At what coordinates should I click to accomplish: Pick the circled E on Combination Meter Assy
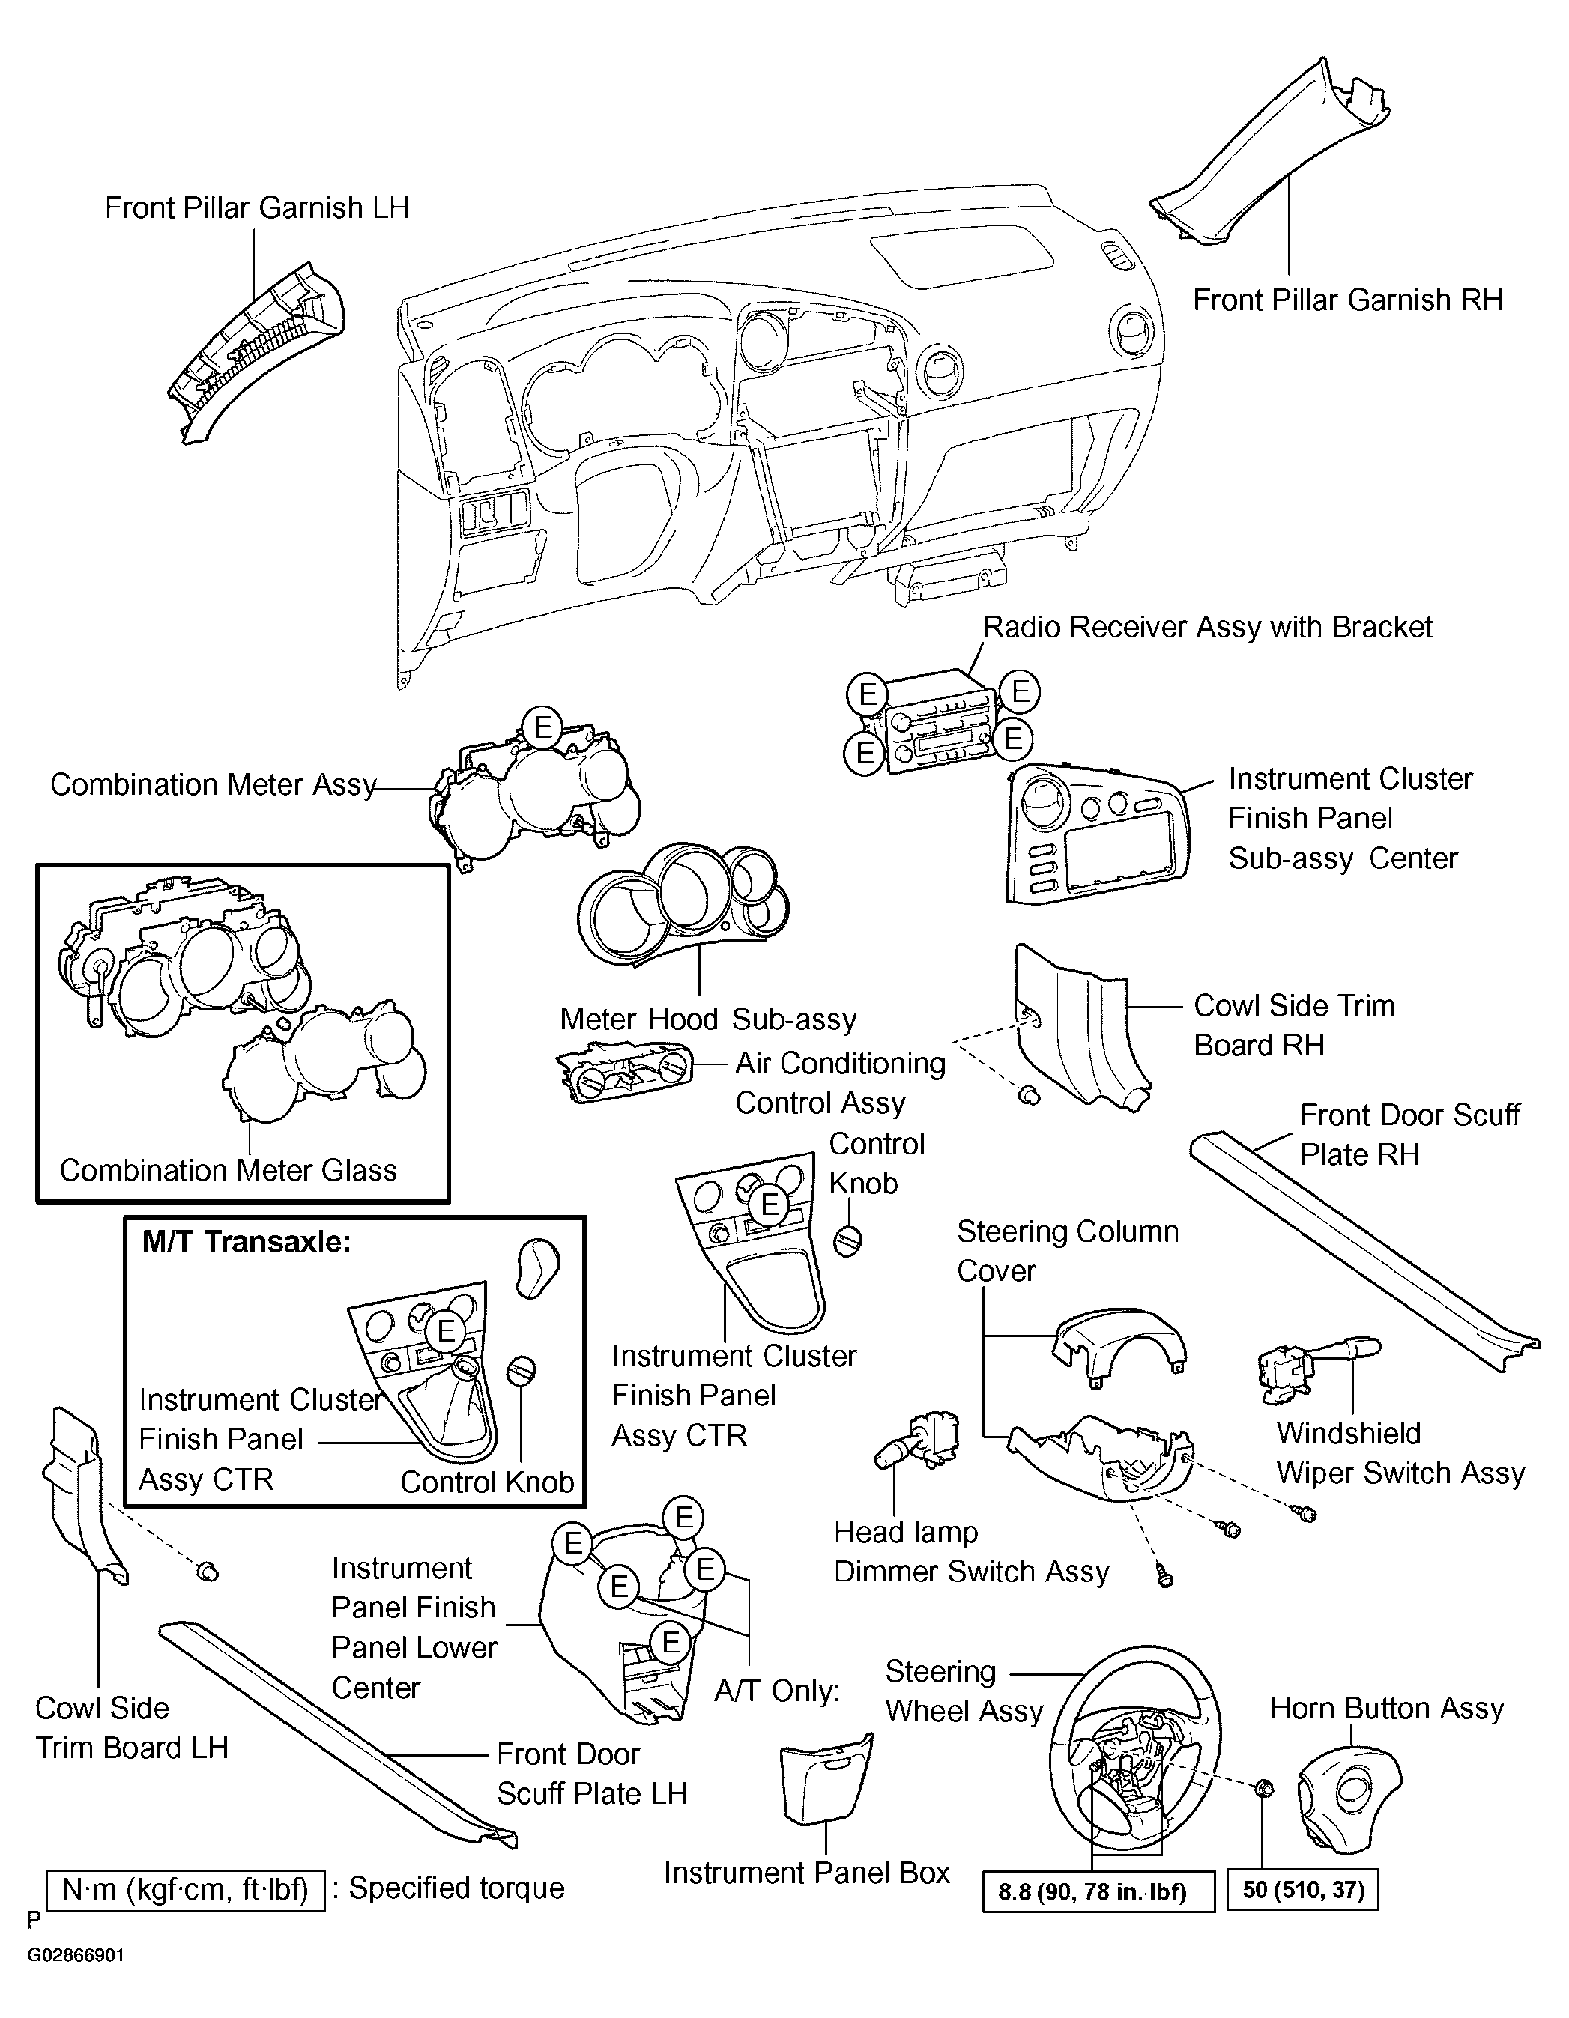click(x=542, y=727)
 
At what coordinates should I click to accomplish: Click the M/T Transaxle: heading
click(x=247, y=1242)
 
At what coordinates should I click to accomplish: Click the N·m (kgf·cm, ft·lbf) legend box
click(x=185, y=1890)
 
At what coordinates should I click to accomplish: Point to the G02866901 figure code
click(x=75, y=1956)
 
